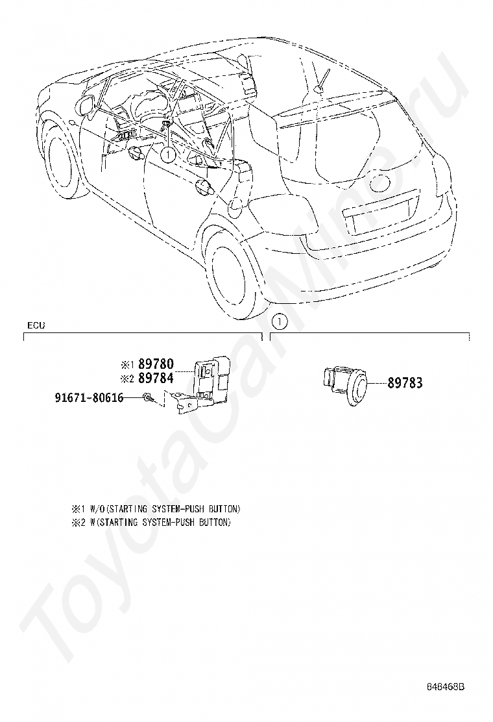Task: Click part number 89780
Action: tap(156, 365)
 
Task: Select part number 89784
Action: tap(156, 379)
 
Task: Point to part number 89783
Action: tap(405, 383)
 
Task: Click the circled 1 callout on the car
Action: tap(167, 155)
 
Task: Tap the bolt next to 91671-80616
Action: tap(148, 398)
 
